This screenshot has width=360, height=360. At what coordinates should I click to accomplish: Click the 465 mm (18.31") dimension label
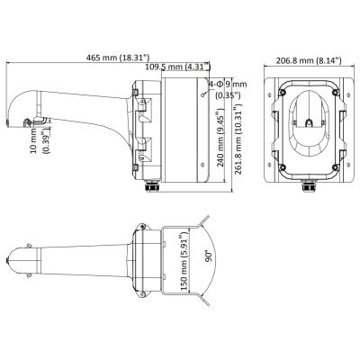(118, 58)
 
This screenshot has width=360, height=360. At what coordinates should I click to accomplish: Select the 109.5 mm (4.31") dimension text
(177, 67)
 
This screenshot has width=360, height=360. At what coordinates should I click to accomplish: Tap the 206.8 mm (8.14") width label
(309, 60)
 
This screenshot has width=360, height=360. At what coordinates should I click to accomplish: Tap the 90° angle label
(209, 256)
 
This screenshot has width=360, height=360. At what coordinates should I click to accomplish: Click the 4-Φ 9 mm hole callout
(228, 89)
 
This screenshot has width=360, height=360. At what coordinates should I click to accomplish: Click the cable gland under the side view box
(152, 185)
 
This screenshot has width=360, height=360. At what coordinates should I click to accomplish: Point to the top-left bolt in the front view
(282, 92)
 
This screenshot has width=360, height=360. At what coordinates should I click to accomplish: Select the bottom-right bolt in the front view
(336, 167)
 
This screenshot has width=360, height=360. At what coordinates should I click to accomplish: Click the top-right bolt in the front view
(336, 92)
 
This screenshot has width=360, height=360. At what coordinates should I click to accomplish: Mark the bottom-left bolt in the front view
(282, 167)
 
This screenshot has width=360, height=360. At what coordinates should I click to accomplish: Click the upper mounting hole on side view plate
(203, 94)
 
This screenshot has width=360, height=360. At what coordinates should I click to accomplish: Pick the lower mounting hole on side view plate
(202, 165)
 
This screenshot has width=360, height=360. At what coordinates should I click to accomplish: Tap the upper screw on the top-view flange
(143, 227)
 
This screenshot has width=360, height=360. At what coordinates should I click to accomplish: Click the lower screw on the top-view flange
(143, 293)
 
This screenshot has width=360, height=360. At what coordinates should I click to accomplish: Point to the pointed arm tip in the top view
(7, 260)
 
